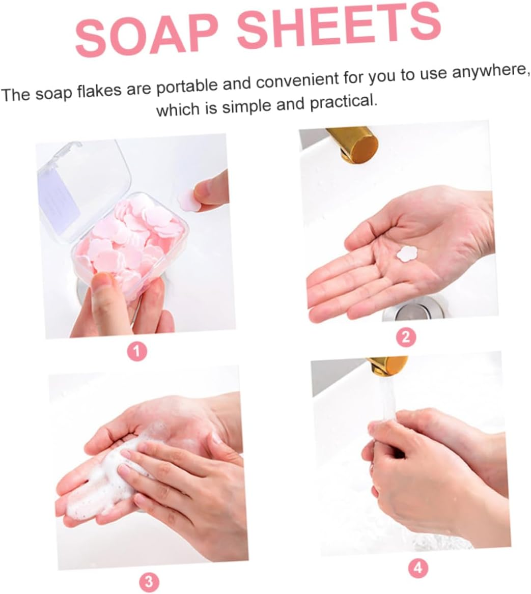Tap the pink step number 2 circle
406,336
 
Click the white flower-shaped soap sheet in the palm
407,253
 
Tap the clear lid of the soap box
84,178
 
